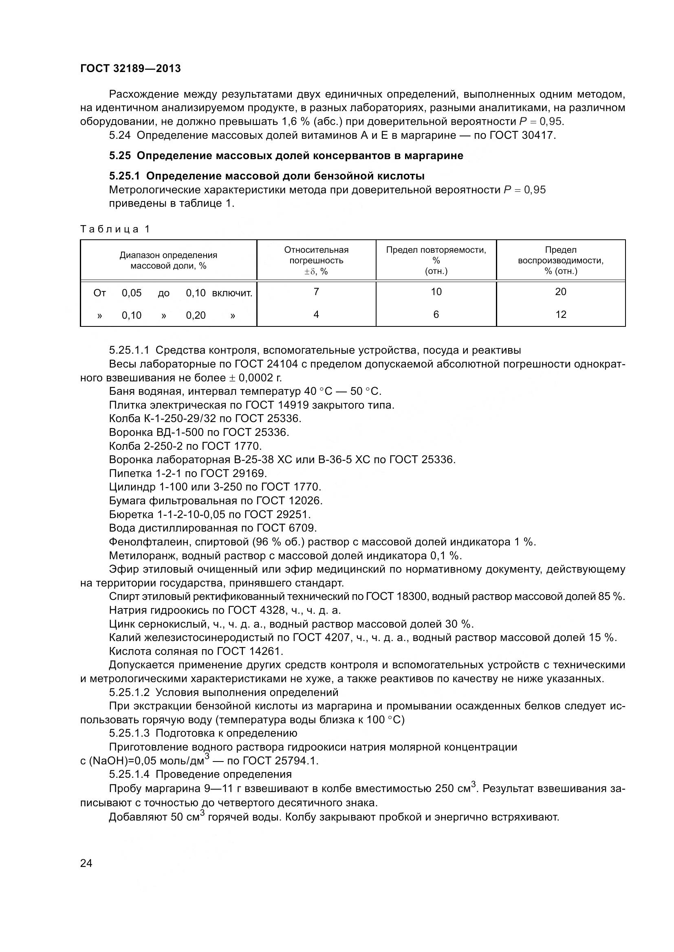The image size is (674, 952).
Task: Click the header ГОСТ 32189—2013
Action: click(130, 68)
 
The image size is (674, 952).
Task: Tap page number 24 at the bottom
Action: click(86, 863)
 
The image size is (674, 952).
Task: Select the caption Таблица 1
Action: click(115, 229)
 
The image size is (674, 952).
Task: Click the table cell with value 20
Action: click(560, 292)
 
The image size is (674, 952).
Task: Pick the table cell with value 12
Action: click(560, 315)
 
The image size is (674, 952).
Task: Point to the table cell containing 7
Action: click(316, 292)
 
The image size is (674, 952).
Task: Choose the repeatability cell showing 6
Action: click(436, 315)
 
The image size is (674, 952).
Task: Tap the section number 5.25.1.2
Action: click(129, 692)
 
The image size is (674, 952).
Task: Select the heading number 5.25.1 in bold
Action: click(126, 176)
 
